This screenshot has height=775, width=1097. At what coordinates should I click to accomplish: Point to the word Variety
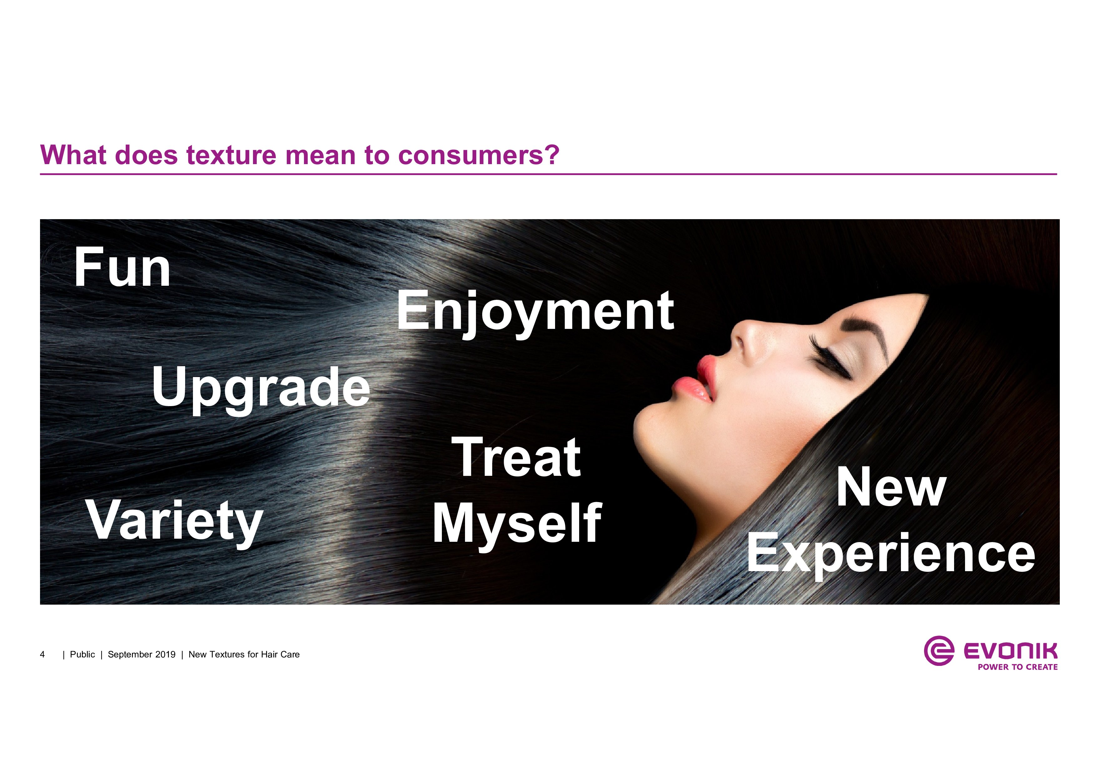coord(175,522)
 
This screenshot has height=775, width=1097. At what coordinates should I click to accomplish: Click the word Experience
coord(891,555)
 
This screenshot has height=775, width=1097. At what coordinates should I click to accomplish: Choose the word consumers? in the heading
coord(478,156)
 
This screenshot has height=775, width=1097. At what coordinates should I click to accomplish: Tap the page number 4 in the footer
coord(43,655)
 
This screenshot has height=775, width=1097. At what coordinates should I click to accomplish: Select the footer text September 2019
coord(141,655)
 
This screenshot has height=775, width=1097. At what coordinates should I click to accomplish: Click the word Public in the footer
coord(82,655)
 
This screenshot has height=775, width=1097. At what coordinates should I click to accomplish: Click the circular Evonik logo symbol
coord(939,650)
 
